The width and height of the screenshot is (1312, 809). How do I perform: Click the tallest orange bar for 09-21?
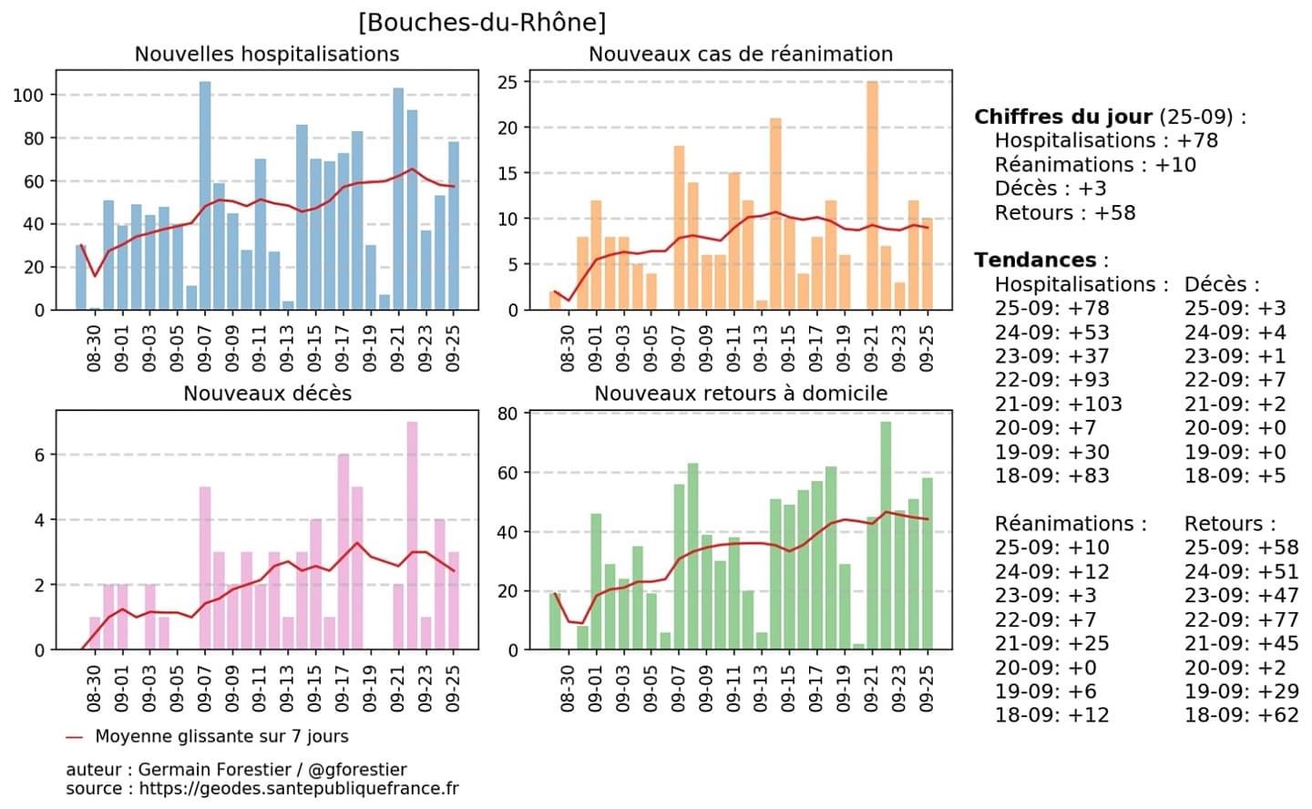pos(872,196)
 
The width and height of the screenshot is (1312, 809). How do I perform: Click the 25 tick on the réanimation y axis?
pos(507,83)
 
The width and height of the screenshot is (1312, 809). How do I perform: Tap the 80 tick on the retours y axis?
pos(507,415)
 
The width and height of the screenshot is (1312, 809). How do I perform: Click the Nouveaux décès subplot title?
pos(267,394)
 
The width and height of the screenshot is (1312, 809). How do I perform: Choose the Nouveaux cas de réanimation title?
pos(740,55)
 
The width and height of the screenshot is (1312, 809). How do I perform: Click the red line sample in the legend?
pos(75,737)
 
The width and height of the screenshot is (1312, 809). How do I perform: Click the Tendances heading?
pos(1035,261)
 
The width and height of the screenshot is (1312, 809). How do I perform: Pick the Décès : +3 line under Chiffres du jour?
pos(1051,189)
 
